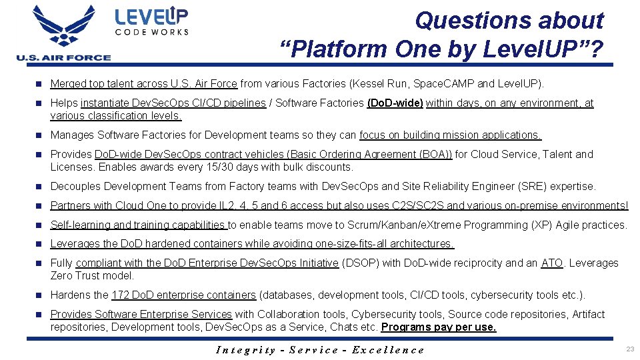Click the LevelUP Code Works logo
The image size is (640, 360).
151,21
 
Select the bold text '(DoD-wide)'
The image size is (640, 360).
395,103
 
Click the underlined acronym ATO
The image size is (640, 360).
552,263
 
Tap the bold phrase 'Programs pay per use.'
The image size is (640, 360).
439,327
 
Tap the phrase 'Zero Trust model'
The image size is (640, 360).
91,276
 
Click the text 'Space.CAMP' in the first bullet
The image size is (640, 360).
435,84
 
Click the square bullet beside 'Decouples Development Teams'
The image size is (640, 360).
39,187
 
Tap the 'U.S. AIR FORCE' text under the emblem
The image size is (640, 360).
64,57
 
